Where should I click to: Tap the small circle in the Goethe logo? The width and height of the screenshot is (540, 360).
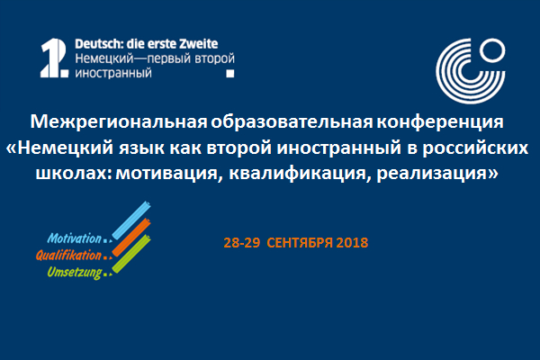coord(492,50)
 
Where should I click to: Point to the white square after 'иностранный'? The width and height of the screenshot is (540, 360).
coord(230,74)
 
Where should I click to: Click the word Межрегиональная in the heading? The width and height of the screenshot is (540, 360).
coord(119,121)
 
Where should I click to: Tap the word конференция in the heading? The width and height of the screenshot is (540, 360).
coord(440,122)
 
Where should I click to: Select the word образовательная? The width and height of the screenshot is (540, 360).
coord(292,121)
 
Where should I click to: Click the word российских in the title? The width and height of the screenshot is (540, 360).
coord(475,148)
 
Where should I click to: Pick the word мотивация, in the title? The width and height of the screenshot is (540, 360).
coord(167,174)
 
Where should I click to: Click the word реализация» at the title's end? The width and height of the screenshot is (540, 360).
coord(437,174)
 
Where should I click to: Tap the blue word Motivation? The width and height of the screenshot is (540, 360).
coord(75,238)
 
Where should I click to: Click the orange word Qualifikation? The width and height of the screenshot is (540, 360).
coord(69,256)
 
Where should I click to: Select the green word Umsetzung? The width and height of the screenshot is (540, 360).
coord(75,273)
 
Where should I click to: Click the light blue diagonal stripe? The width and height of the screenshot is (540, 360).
coord(131,220)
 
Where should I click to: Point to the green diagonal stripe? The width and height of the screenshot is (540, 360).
coord(131,254)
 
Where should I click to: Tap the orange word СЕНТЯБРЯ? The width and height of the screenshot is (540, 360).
coord(300,243)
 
